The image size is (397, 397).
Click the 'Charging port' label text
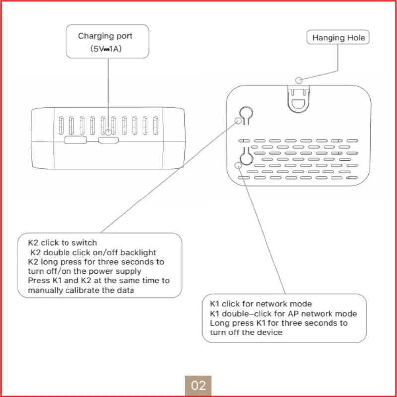click(105, 36)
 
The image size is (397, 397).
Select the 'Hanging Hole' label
click(338, 38)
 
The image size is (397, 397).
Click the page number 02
click(198, 385)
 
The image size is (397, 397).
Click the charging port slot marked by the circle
click(108, 140)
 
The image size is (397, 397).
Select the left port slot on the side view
click(74, 140)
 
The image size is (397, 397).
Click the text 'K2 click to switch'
click(63, 243)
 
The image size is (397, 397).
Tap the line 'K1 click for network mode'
click(261, 304)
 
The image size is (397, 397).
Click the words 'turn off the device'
click(246, 332)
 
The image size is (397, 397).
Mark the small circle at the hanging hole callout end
click(298, 80)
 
